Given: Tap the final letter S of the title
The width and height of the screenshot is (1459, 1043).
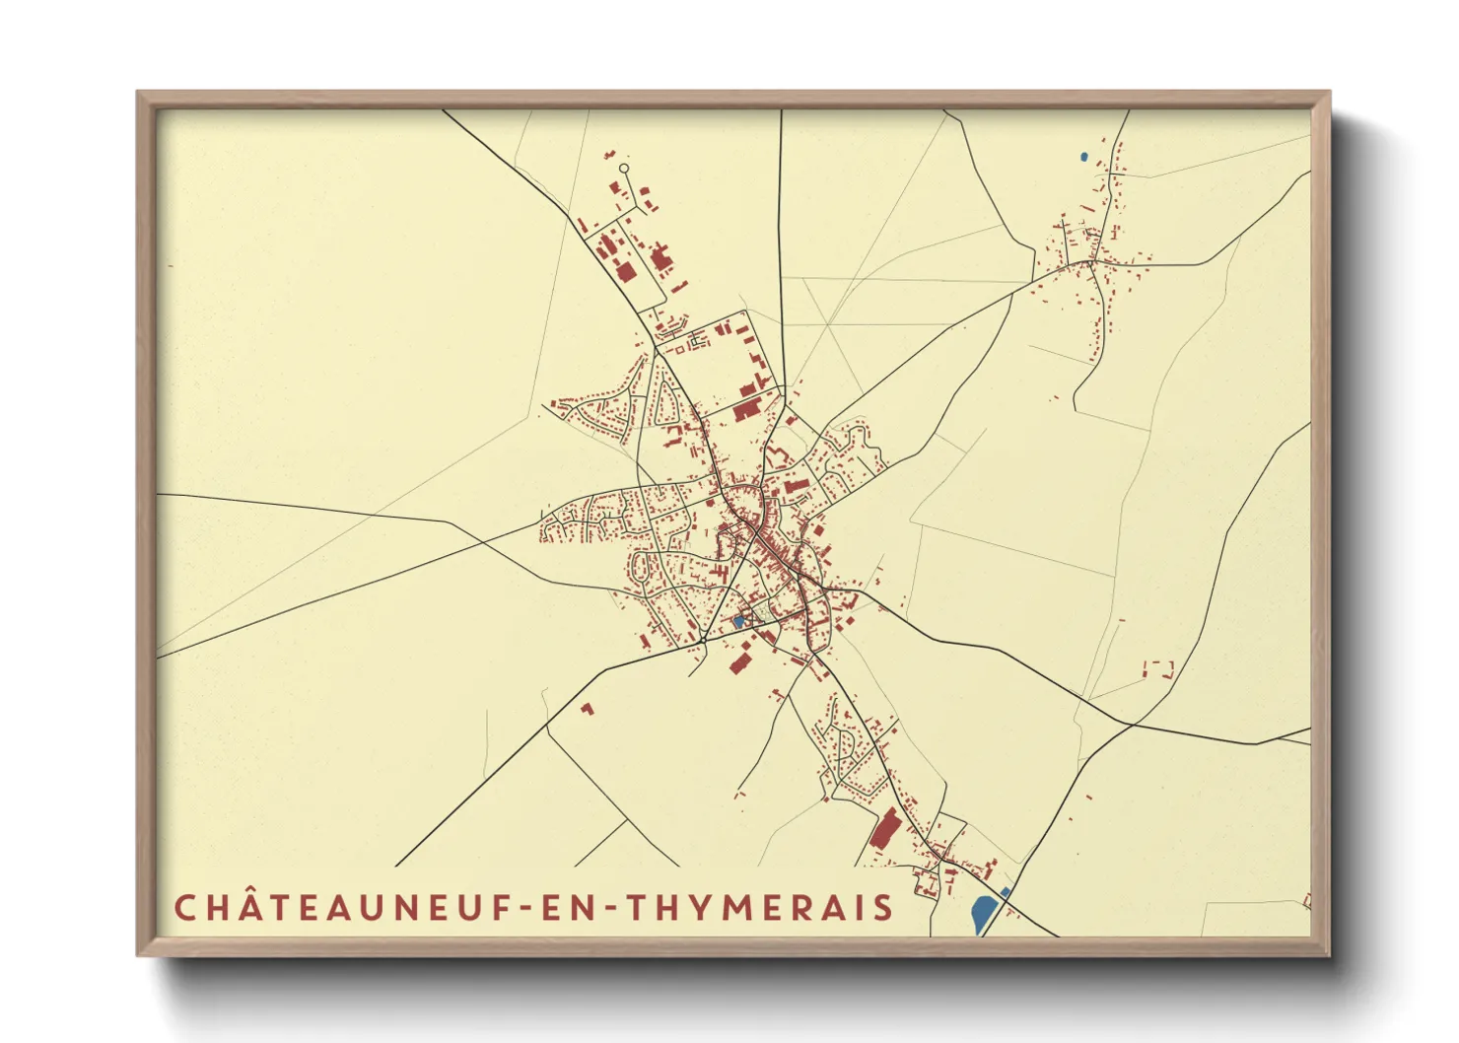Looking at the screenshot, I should (x=884, y=907).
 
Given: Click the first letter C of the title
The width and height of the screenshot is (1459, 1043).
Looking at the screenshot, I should (x=184, y=907).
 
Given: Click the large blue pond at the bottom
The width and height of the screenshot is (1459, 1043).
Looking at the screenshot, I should (x=981, y=914).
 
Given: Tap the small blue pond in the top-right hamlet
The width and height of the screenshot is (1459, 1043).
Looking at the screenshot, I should (x=1084, y=156).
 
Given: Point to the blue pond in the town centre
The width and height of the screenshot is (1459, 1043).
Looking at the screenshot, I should (x=737, y=622).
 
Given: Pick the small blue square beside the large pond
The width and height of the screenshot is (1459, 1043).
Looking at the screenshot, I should (x=1005, y=892).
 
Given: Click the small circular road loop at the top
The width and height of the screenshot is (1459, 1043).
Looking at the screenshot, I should (x=624, y=169).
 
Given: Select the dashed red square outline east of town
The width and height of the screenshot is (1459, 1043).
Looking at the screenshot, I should (x=1158, y=669).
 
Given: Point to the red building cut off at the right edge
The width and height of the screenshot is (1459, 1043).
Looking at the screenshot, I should (x=1307, y=901).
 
